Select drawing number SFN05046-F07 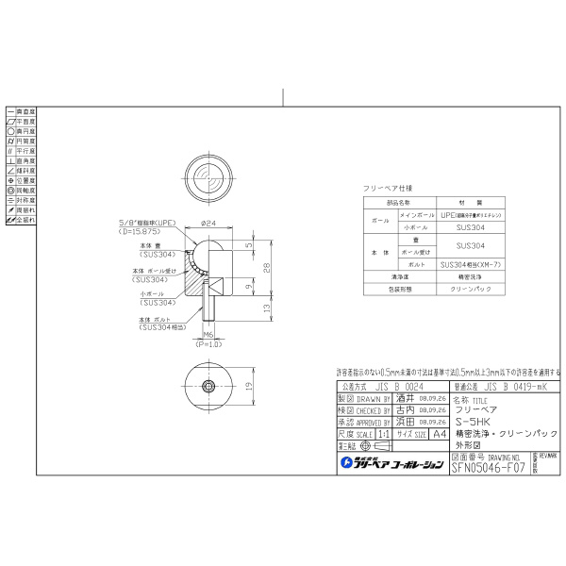[489, 464]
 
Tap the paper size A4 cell [411, 435]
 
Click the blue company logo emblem [346, 463]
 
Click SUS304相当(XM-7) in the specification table [470, 265]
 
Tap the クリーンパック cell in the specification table [470, 291]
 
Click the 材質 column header [470, 203]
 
